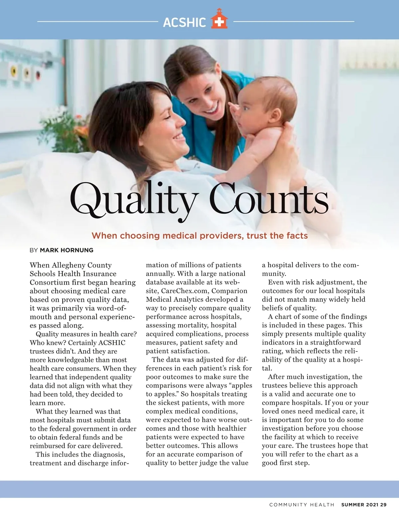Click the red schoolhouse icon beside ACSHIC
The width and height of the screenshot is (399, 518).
[219, 19]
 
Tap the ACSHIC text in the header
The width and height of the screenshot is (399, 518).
[185, 22]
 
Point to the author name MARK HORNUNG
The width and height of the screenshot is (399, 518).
[66, 250]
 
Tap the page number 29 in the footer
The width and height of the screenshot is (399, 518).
[383, 504]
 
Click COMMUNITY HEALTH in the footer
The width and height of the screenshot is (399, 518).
[302, 505]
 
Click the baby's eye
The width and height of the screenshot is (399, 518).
[245, 108]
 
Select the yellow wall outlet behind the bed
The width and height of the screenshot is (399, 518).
[14, 70]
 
